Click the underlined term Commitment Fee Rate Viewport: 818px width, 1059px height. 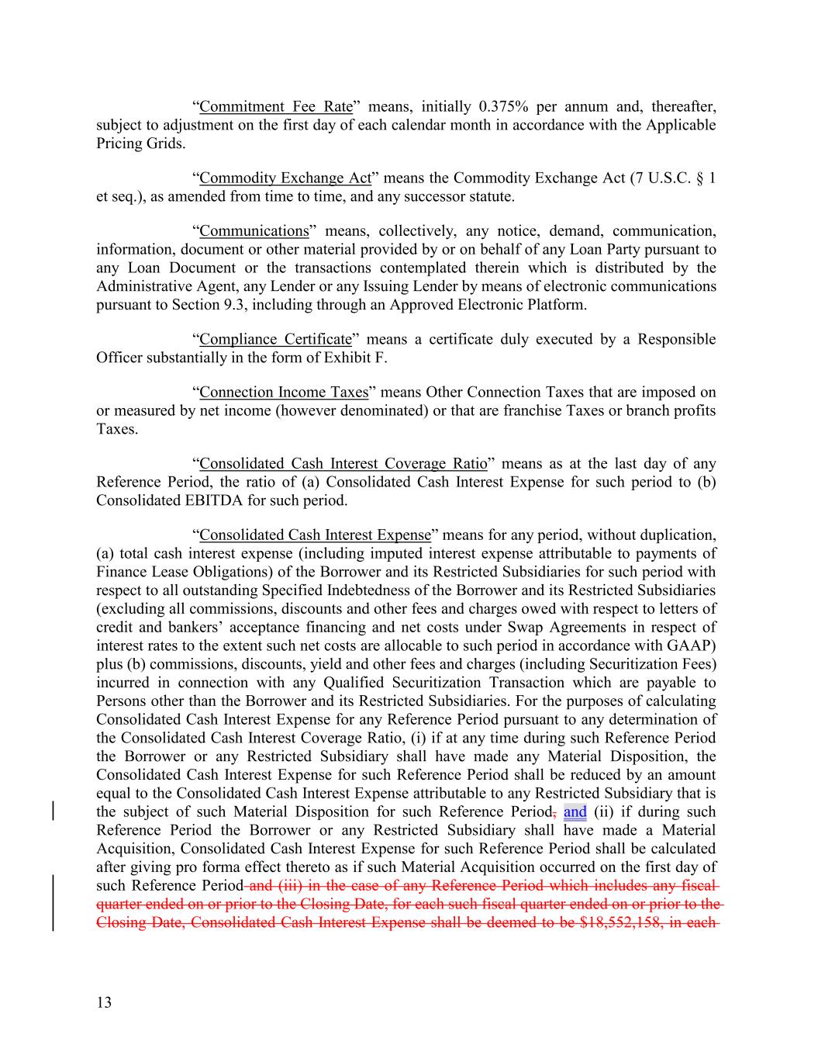pos(275,106)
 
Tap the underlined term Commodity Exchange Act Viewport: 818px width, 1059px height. pos(285,178)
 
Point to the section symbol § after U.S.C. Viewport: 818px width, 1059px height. pos(700,178)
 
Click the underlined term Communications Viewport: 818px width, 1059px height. pos(254,230)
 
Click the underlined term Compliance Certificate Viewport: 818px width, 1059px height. pos(275,339)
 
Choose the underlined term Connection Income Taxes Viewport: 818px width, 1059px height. pos(284,392)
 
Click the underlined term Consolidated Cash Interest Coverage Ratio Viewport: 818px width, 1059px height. pos(343,463)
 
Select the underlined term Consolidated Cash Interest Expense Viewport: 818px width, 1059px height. pos(315,535)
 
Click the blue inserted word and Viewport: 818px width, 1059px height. pos(575,812)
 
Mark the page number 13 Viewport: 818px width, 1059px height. pos(104,1002)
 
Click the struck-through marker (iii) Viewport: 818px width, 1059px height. pos(292,886)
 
